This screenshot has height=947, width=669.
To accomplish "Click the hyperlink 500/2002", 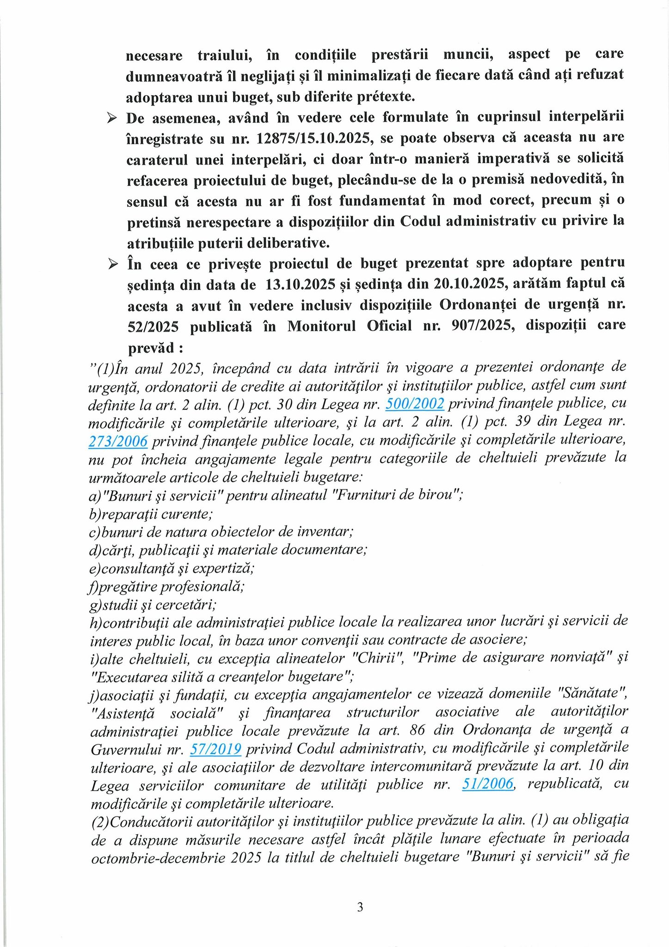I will (415, 404).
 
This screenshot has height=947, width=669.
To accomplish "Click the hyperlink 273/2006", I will (118, 442).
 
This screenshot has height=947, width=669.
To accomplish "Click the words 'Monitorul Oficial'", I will (349, 326).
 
